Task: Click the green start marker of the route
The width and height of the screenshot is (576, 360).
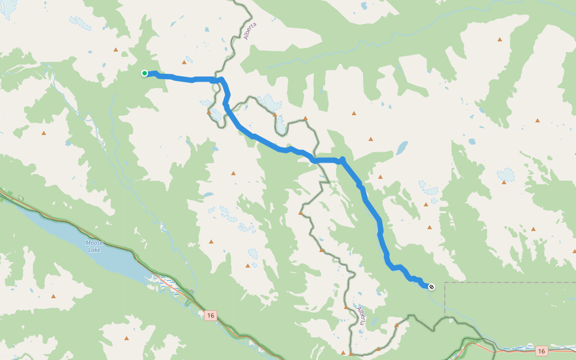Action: point(145,73)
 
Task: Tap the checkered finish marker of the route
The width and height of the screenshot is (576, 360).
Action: point(431,286)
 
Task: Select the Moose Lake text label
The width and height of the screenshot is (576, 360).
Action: point(94,246)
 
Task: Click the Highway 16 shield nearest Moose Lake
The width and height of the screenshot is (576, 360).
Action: point(209,316)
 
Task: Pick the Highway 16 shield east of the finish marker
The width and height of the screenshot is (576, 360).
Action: point(541,351)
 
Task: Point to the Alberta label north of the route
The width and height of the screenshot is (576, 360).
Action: point(250,31)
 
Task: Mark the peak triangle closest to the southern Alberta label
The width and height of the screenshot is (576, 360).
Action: point(346,307)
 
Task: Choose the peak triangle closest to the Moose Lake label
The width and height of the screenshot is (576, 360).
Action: point(53,296)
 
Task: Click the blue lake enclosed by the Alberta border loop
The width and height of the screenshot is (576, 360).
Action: point(280,125)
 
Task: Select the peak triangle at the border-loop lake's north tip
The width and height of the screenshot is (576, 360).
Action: point(275,114)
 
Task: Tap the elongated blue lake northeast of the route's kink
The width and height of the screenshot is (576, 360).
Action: point(401,147)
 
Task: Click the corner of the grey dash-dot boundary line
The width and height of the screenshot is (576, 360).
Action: point(445,283)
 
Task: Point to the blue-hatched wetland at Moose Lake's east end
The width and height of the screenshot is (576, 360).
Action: point(162,283)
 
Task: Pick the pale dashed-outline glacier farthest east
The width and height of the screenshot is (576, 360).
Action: point(506,175)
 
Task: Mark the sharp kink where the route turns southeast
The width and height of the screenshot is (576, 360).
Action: point(342,160)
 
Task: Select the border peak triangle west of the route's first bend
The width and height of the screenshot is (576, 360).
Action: point(209,111)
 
